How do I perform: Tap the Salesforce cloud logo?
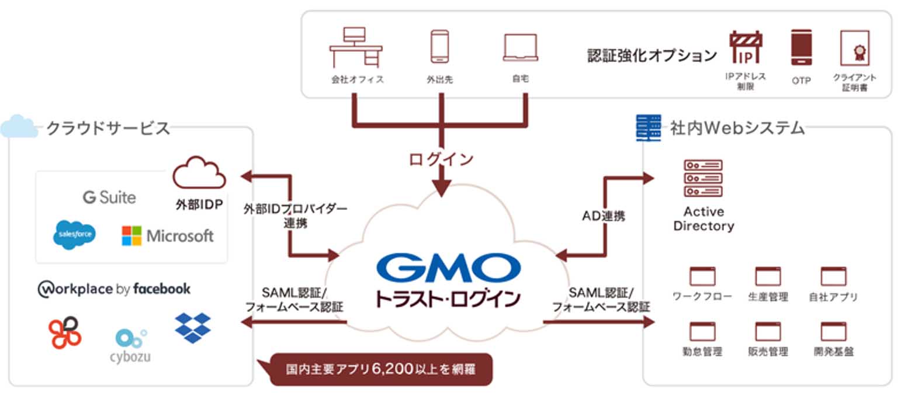coord(74,235)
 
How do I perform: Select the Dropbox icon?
coord(193,328)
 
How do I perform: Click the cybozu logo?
coord(130,345)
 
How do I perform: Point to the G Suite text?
coord(109,197)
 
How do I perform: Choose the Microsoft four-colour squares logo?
coord(131,235)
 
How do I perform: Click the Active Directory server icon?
coord(703,178)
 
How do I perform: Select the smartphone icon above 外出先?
coord(439,47)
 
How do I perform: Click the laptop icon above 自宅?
coord(520,47)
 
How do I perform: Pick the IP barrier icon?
coord(746,48)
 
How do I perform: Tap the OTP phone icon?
coord(802,48)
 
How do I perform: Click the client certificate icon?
coord(854,48)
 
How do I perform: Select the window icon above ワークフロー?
coord(702,276)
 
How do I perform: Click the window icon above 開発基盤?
coord(833,331)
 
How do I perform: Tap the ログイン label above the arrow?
coord(441,159)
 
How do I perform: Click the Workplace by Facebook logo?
coord(114,289)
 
